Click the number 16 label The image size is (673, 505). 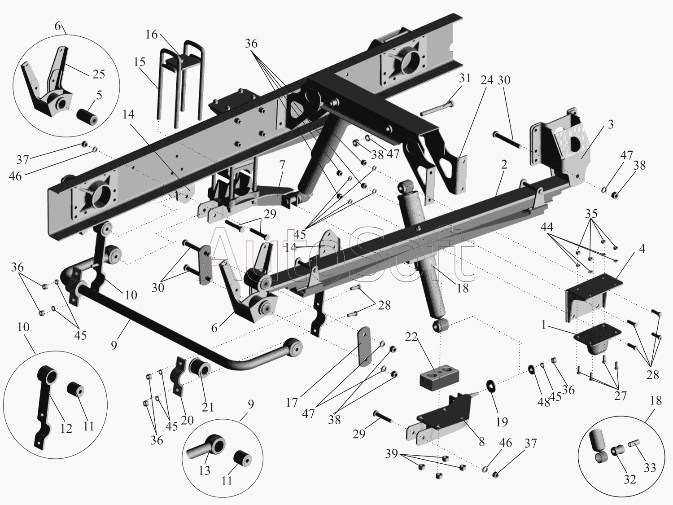click(151, 35)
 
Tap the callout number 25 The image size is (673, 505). click(98, 74)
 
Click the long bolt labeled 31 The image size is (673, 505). click(437, 110)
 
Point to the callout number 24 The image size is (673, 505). click(487, 80)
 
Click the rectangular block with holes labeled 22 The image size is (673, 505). click(439, 376)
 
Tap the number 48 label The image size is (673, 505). click(544, 403)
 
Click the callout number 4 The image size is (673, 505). click(642, 248)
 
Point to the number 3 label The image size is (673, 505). click(611, 125)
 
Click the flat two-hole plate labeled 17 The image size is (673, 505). click(365, 346)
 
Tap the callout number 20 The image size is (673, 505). click(187, 420)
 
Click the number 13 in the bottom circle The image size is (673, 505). click(204, 470)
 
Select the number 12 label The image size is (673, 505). click(66, 428)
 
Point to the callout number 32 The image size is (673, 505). click(630, 479)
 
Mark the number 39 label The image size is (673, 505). click(392, 454)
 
